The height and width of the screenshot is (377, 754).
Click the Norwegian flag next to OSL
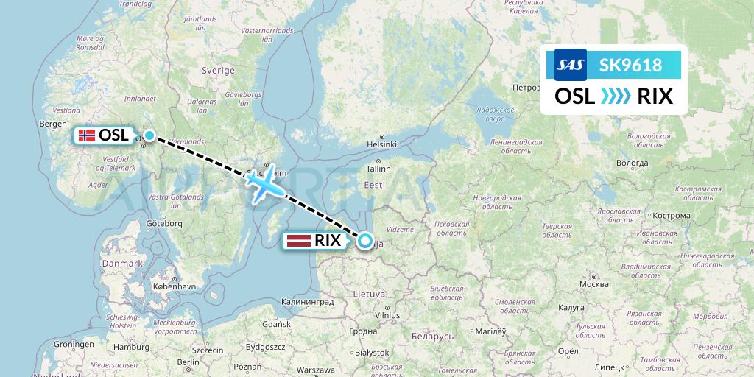click(87, 135)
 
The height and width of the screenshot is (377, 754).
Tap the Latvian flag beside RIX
click(297, 240)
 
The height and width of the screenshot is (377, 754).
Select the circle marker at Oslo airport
click(149, 135)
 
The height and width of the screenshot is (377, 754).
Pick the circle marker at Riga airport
click(364, 239)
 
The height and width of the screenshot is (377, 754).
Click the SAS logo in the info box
click(570, 65)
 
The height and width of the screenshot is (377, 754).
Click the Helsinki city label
click(381, 144)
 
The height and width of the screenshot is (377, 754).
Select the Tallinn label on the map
click(378, 169)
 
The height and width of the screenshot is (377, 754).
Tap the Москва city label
click(593, 283)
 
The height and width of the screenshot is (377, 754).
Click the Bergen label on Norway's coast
click(54, 124)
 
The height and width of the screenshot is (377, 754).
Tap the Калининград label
click(308, 302)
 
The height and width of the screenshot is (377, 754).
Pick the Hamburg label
click(132, 347)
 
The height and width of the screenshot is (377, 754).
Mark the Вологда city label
click(633, 163)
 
